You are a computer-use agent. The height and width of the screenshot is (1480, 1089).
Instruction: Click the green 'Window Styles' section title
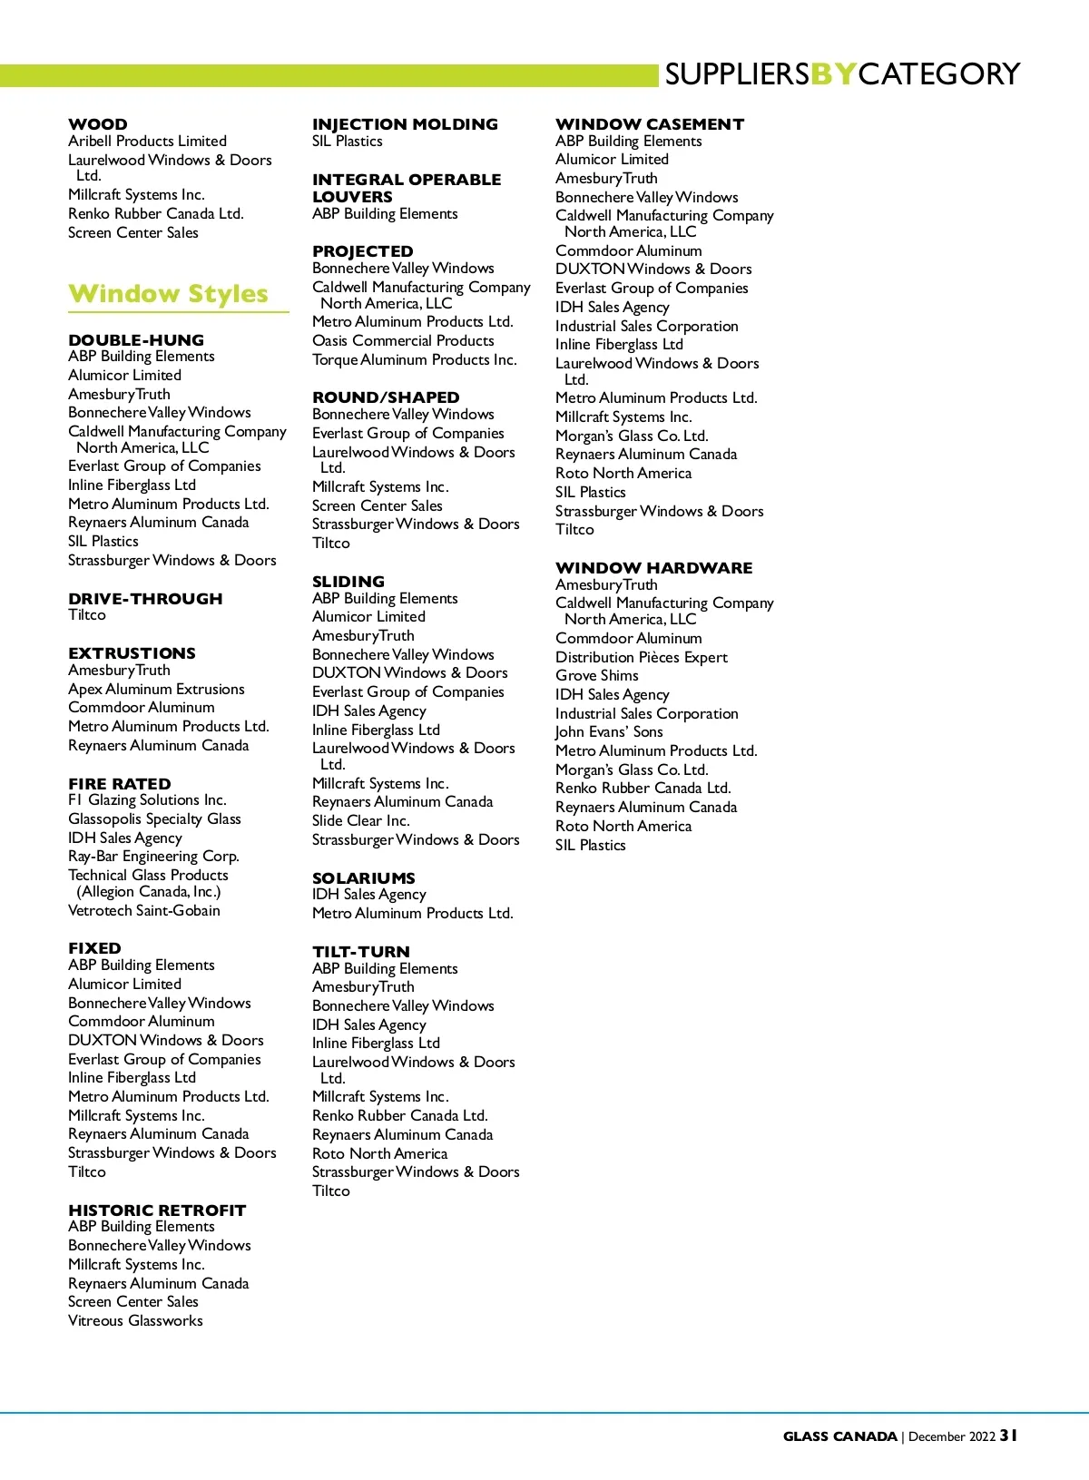click(168, 294)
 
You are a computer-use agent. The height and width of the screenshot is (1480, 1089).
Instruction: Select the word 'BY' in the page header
click(833, 74)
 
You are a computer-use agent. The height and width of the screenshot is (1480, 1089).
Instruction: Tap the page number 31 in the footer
click(1008, 1436)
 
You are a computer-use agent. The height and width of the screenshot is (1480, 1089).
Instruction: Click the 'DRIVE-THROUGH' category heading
click(145, 599)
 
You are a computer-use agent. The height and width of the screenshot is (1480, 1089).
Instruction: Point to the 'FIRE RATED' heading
click(120, 784)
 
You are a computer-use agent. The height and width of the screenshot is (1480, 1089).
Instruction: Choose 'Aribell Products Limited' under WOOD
click(147, 142)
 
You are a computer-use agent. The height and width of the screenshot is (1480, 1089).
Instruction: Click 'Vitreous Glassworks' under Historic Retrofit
click(135, 1321)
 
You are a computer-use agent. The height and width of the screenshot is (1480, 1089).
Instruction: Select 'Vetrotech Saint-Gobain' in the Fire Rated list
click(144, 911)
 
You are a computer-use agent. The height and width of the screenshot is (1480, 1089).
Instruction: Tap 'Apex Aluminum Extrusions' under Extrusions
click(156, 690)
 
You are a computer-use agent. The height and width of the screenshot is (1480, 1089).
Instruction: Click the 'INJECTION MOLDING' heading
click(405, 124)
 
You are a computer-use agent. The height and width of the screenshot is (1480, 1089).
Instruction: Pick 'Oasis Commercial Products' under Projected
click(403, 341)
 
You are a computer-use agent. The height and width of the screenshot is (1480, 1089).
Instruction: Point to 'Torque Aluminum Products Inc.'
click(414, 360)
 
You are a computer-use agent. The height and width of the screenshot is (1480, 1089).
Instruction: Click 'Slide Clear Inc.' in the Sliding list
click(360, 821)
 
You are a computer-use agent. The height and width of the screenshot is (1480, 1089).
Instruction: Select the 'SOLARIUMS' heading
click(364, 878)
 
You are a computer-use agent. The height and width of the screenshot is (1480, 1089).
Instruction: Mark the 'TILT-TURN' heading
click(361, 952)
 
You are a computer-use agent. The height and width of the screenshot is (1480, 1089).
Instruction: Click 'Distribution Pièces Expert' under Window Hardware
click(641, 658)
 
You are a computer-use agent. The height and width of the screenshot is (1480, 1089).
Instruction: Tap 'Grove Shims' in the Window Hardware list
click(596, 676)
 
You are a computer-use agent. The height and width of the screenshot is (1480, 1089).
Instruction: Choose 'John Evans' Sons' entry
click(609, 732)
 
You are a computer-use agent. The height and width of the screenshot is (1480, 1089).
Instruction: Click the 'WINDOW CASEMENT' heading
click(650, 124)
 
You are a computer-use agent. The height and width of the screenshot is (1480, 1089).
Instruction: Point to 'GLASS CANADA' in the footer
click(839, 1436)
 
